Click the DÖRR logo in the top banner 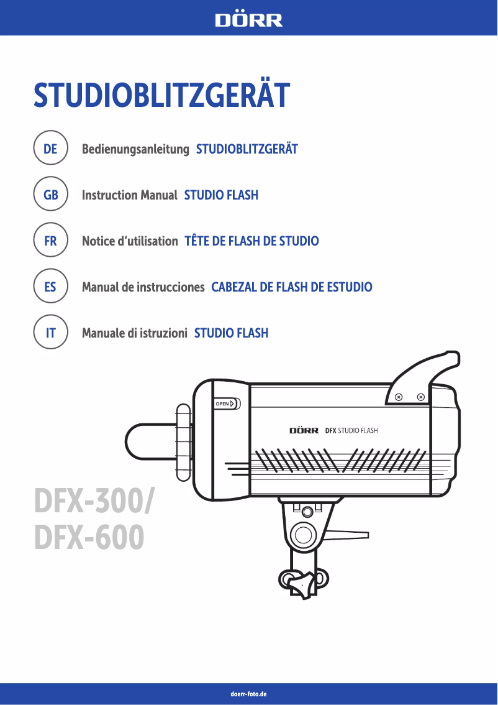pyautogui.click(x=248, y=20)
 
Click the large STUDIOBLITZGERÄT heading pyautogui.click(x=161, y=95)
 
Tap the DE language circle pyautogui.click(x=50, y=149)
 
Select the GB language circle pyautogui.click(x=50, y=195)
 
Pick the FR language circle pyautogui.click(x=50, y=241)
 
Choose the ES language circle pyautogui.click(x=50, y=287)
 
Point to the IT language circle pyautogui.click(x=50, y=333)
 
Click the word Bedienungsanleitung pyautogui.click(x=135, y=149)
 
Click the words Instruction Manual pyautogui.click(x=130, y=195)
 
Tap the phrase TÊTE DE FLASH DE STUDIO pyautogui.click(x=251, y=241)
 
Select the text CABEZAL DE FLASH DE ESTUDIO pyautogui.click(x=292, y=287)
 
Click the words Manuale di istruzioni pyautogui.click(x=135, y=333)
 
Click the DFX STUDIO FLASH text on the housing pyautogui.click(x=351, y=430)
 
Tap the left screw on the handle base pyautogui.click(x=399, y=397)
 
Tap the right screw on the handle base pyautogui.click(x=421, y=397)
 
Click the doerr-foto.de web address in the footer pyautogui.click(x=248, y=693)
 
